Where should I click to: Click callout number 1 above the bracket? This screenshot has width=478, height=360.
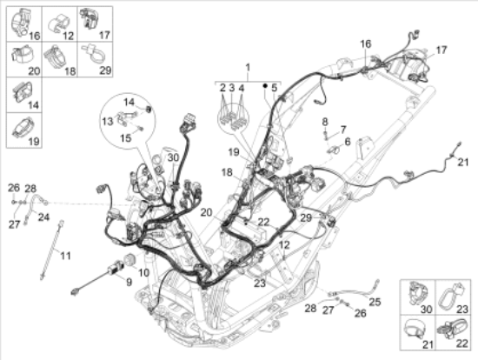coord(248,68)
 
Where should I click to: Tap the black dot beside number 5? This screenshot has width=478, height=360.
coord(265,86)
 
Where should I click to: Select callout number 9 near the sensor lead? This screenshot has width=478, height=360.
coord(129,282)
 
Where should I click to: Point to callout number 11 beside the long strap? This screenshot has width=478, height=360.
coord(65,256)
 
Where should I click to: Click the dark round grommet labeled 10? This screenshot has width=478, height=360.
coord(129,260)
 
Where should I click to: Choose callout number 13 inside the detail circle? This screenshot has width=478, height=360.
coord(108,122)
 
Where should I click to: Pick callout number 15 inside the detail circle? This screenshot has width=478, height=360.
coord(126,138)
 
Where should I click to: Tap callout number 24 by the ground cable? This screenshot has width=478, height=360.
coord(43,217)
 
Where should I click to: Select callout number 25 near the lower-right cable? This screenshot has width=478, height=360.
coord(375,302)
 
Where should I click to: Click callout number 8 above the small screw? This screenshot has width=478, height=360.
coord(325,122)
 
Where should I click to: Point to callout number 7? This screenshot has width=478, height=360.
coord(343,130)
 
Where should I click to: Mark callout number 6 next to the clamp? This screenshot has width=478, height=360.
coord(348,142)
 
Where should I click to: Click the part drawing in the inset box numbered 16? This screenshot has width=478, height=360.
coord(21,22)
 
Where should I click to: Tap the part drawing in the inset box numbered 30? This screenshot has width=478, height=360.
coord(418,293)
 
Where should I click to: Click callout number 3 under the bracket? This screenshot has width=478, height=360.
coord(232,88)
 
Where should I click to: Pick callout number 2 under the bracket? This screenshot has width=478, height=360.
coord(222,88)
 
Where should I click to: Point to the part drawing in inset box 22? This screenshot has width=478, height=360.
coord(452,329)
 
